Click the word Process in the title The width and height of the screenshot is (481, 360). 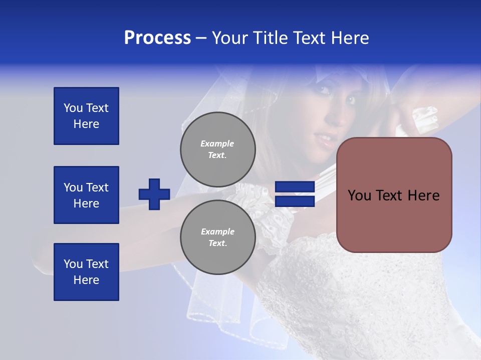coord(157,38)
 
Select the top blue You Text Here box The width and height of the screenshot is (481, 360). coord(86,116)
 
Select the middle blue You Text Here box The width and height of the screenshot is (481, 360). coord(86,195)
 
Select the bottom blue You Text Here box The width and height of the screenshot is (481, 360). coord(86,272)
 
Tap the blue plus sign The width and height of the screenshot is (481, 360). coord(154,194)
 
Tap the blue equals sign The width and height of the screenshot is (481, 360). coord(295,194)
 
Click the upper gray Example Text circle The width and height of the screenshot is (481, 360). coord(218,149)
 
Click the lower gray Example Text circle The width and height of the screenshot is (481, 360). coord(218,237)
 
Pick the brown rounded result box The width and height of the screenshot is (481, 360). coord(394,194)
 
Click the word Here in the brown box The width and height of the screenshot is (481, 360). coord(423,195)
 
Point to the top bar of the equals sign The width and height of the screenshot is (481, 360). coord(295,187)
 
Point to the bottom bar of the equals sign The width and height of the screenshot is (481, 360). coord(295,201)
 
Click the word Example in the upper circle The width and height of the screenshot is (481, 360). coord(217,143)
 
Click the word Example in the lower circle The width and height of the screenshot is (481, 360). coord(217,231)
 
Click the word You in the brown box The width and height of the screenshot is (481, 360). coord(359,195)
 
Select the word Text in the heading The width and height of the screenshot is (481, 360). coord(311,38)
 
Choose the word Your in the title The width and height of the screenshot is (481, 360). coord(229,38)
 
